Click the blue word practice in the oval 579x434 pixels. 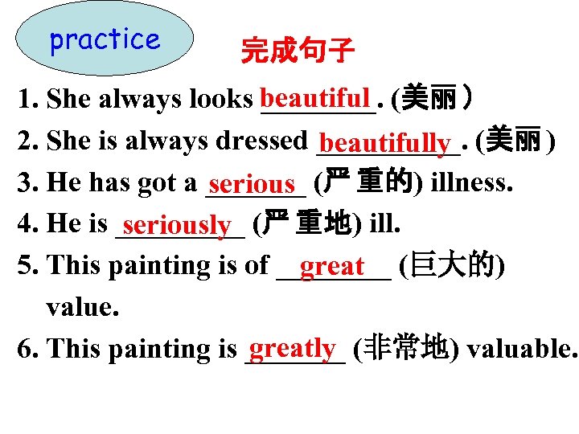pos(105,39)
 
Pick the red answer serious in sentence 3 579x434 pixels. pos(255,186)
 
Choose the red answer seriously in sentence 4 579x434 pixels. pos(178,226)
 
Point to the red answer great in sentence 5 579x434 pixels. pos(332,265)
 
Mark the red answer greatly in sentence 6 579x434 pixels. pos(292,347)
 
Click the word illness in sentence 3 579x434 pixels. pos(471,183)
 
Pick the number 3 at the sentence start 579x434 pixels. pos(24,183)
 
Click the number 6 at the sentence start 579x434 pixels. pos(24,349)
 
